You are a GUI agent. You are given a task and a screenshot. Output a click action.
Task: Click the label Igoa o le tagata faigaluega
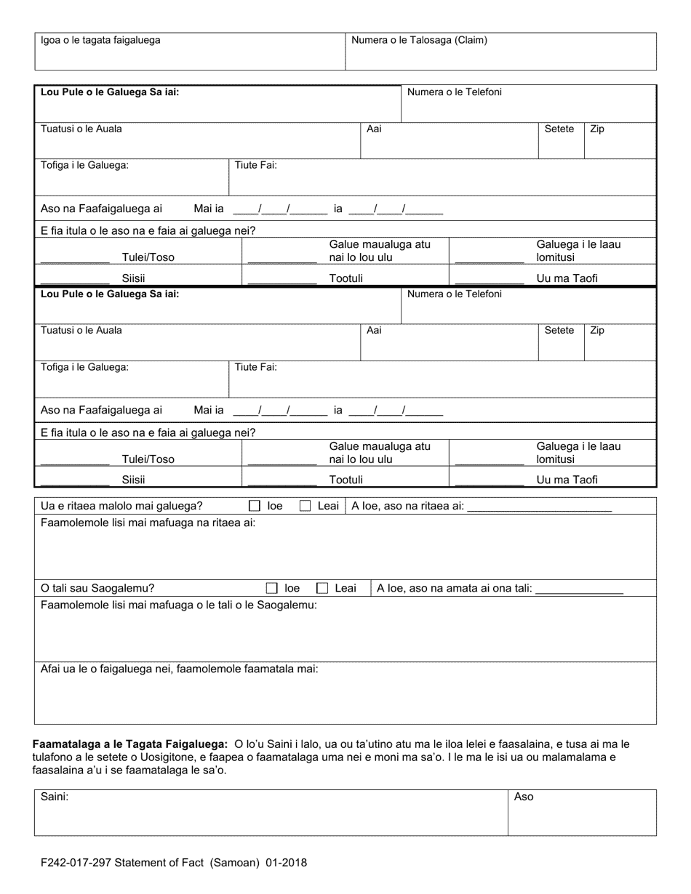point(100,41)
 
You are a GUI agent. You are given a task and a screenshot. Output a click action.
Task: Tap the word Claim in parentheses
point(471,41)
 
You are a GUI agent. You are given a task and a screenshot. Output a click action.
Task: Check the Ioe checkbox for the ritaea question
point(255,506)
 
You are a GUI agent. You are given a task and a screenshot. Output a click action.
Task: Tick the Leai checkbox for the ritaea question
point(305,506)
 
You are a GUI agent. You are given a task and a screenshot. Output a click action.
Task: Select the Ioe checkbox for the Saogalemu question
point(272,588)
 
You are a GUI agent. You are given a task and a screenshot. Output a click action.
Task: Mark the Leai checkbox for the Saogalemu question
point(322,588)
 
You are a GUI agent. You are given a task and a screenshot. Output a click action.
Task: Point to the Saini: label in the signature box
point(55,797)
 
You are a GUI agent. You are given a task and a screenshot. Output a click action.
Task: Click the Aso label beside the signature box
point(524,797)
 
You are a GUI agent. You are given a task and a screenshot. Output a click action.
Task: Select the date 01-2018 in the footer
point(285,863)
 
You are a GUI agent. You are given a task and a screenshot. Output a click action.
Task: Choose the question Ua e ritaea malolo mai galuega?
point(121,506)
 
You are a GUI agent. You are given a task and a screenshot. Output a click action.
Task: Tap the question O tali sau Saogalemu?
point(97,588)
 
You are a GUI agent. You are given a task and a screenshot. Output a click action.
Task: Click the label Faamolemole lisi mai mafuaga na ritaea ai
point(148,523)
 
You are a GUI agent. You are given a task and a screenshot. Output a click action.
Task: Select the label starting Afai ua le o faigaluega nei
point(179,669)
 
